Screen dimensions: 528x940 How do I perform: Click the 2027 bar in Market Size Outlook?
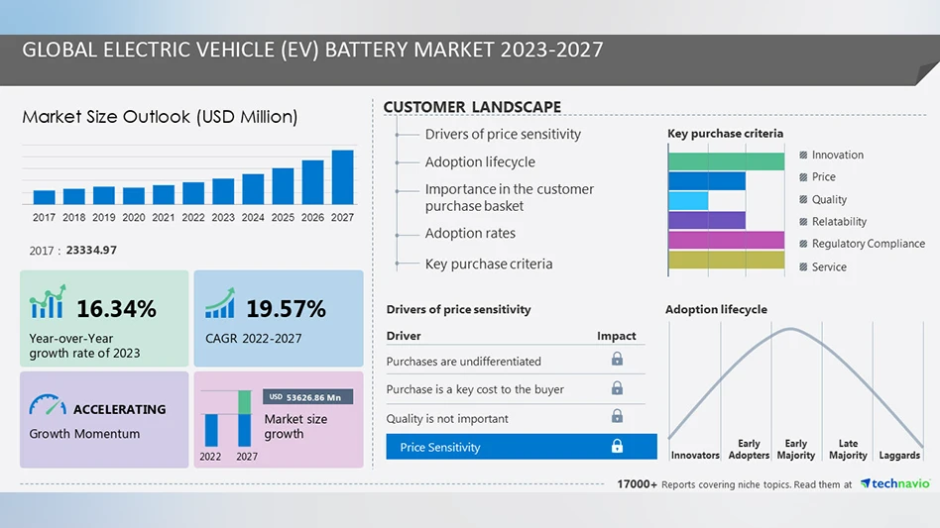(x=342, y=177)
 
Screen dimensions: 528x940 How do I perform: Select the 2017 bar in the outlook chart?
(x=45, y=197)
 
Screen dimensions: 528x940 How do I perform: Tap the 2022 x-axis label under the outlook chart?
(x=193, y=217)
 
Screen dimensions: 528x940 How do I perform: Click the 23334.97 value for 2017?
(x=91, y=251)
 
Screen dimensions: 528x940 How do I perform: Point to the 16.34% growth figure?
(x=116, y=309)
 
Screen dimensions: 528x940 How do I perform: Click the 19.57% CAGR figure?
(x=286, y=309)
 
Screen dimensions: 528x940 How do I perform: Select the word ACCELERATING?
(x=119, y=409)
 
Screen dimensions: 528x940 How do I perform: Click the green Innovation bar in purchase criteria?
(x=726, y=160)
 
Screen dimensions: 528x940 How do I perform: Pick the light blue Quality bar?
(x=688, y=200)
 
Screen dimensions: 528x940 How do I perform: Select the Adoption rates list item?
(x=470, y=234)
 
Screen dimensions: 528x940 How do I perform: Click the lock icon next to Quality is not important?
(x=617, y=417)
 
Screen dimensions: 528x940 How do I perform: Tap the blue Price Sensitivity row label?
(x=440, y=448)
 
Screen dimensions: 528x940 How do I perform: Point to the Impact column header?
(x=617, y=336)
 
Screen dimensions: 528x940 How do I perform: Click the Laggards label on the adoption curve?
(x=899, y=456)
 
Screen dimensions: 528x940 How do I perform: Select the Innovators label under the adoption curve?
(x=695, y=456)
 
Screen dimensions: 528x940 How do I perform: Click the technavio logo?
(x=894, y=483)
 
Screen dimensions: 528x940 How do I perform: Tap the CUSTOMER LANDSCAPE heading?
(x=472, y=107)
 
